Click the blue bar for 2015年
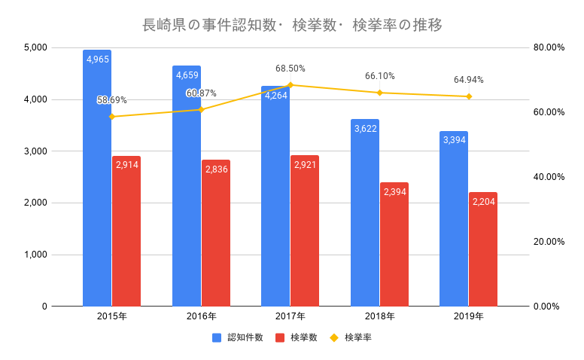(97, 181)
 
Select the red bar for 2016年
(215, 233)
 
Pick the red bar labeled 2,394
(394, 245)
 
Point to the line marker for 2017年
(290, 85)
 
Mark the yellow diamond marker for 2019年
(469, 96)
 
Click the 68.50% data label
(290, 69)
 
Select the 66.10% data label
(379, 76)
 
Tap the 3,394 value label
(455, 140)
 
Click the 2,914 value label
(126, 164)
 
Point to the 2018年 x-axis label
(379, 316)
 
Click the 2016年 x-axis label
(201, 316)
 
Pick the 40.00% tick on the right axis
(549, 177)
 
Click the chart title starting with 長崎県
(292, 25)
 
